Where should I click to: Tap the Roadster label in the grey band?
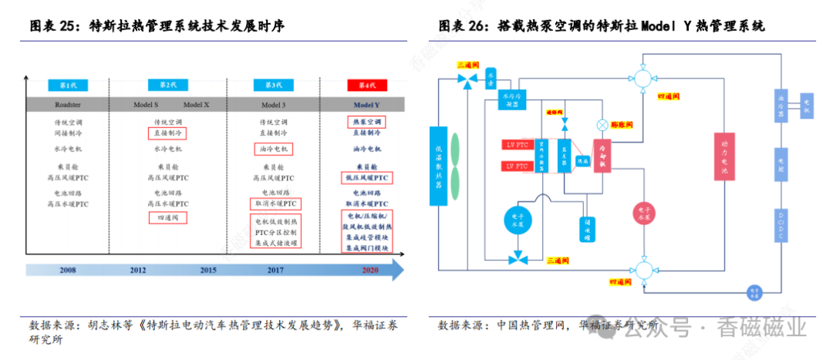pyautogui.click(x=66, y=104)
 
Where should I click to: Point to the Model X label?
pyautogui.click(x=197, y=104)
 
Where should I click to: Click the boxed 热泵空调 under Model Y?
pyautogui.click(x=363, y=122)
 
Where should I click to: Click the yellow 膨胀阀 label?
pyautogui.click(x=622, y=124)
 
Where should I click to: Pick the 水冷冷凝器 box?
pyautogui.click(x=514, y=101)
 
